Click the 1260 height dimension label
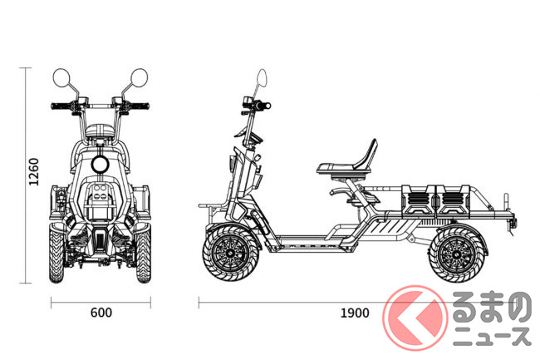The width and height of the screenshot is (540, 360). tap(34, 171)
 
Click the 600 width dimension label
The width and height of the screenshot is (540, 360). tap(101, 313)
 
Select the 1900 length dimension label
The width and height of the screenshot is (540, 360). tap(355, 313)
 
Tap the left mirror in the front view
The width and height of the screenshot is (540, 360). tap(61, 77)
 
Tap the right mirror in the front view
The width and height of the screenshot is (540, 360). tap(140, 77)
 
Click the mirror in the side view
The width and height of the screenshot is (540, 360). tap(263, 77)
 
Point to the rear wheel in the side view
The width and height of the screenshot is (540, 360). tap(457, 254)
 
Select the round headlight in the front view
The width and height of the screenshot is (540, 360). tap(101, 164)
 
